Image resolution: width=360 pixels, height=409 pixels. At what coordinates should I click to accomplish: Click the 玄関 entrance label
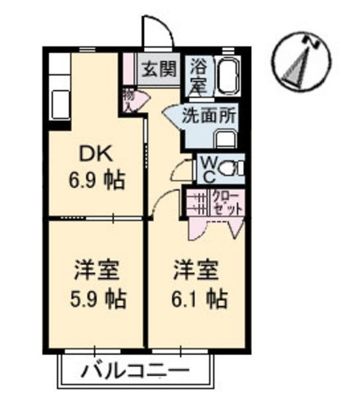click(160, 68)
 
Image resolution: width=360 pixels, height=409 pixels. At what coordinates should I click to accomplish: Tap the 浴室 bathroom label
click(199, 74)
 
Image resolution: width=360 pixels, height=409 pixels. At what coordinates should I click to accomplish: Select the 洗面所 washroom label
click(210, 116)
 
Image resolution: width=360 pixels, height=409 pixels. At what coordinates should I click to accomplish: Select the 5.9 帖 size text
click(97, 299)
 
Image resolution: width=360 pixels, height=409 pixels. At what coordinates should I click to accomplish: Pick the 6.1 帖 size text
click(199, 298)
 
